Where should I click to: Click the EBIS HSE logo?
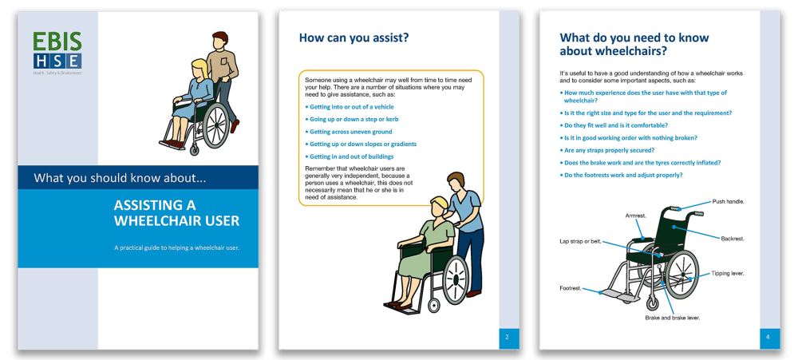(57, 51)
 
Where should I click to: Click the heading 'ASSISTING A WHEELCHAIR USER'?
(176, 213)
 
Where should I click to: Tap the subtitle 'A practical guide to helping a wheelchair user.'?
(176, 247)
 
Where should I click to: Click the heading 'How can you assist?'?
(354, 37)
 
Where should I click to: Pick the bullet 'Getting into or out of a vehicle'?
(350, 106)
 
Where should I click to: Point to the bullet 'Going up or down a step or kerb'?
(351, 119)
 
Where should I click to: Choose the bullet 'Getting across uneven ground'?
(346, 132)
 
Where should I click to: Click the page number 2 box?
(508, 338)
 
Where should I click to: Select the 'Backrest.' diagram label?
(733, 237)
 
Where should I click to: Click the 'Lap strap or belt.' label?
(579, 241)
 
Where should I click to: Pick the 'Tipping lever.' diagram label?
(728, 273)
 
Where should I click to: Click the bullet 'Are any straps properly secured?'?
(618, 150)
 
